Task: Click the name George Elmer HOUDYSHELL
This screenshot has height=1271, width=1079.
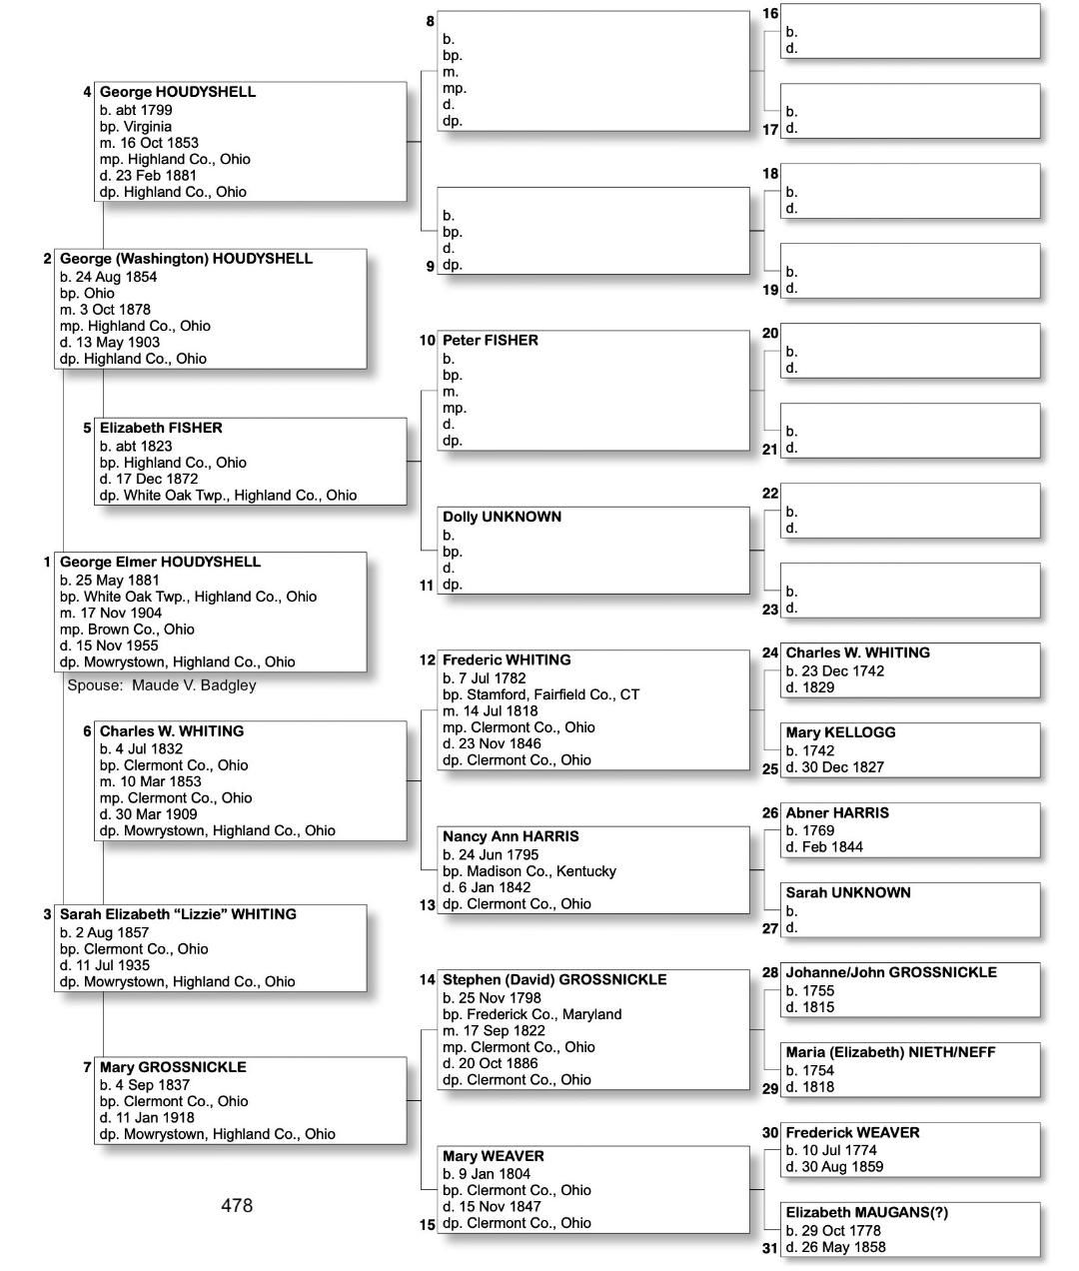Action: [x=160, y=562]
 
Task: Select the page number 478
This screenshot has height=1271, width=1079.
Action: [x=237, y=1206]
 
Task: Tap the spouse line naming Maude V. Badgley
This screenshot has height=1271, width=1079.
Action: [x=162, y=685]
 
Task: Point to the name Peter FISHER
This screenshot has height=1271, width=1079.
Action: [x=491, y=341]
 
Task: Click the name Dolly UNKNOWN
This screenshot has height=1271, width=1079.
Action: [x=502, y=517]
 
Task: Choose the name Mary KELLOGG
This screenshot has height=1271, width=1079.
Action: [x=840, y=732]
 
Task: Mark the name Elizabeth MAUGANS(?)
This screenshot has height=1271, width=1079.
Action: [x=866, y=1212]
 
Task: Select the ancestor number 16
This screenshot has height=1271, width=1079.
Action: [x=770, y=13]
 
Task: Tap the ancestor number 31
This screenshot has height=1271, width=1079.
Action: [x=769, y=1247]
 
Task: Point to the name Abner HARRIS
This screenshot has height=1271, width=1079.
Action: [x=837, y=812]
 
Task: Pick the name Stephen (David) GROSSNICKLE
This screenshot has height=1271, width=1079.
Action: [x=554, y=979]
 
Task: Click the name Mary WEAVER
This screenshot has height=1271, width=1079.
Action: [x=494, y=1156]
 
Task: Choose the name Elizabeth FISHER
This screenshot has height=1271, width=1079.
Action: [x=161, y=428]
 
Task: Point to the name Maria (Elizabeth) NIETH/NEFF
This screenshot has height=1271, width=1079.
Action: [x=890, y=1052]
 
